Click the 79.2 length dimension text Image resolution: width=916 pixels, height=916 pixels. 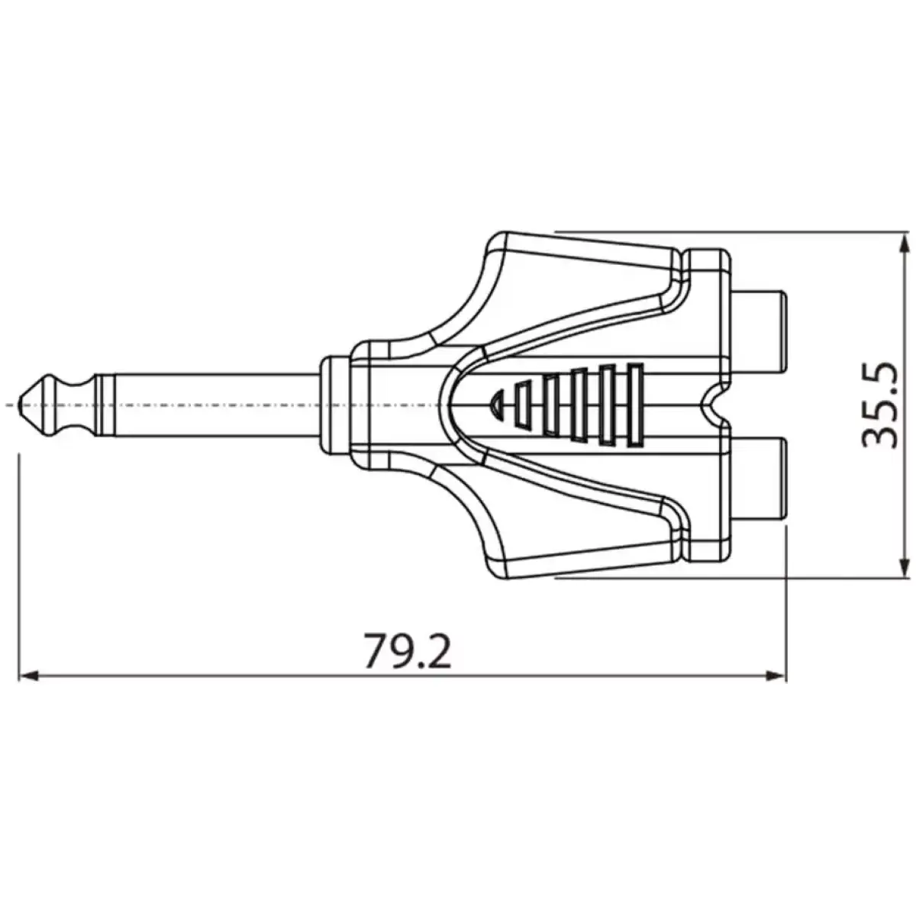pos(407,650)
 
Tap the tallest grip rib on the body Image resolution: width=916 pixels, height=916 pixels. pos(633,404)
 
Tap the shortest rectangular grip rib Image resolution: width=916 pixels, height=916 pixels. pos(523,404)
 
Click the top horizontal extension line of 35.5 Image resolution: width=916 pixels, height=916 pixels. pos(725,231)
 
